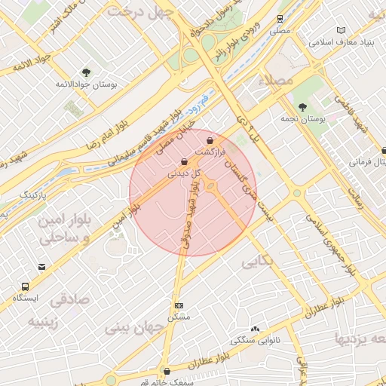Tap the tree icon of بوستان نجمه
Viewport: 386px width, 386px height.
(302, 107)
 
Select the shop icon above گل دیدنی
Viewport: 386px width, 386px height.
(185, 162)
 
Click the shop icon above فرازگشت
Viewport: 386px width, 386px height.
(210, 140)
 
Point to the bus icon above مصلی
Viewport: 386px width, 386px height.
(280, 18)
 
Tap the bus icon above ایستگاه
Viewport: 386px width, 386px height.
(25, 286)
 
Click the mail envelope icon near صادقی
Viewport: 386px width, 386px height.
(41, 267)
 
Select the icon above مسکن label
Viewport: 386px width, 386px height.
(179, 305)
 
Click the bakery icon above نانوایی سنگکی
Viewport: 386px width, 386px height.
(255, 329)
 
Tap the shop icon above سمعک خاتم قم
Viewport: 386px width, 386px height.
(167, 371)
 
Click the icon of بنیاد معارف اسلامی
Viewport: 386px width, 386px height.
(341, 29)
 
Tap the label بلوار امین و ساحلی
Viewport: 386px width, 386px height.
(63, 228)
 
